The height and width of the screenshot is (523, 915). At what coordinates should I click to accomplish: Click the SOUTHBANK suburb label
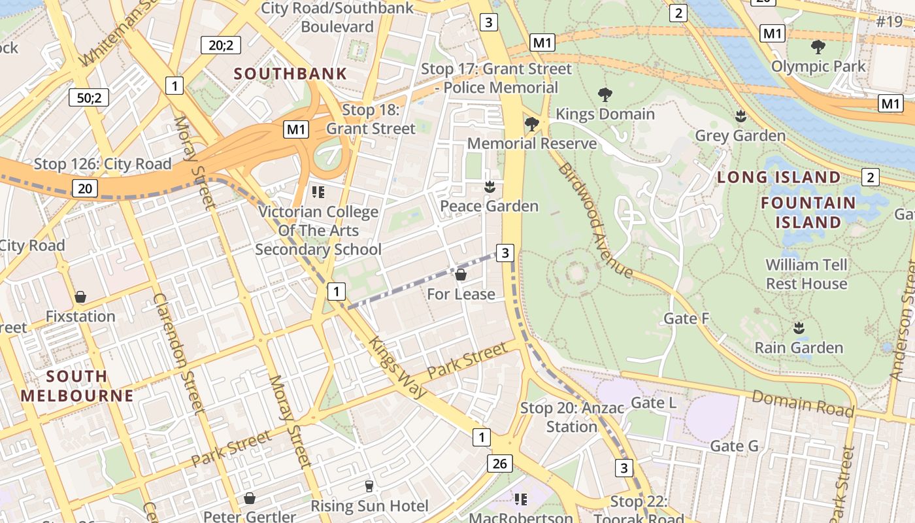tap(290, 73)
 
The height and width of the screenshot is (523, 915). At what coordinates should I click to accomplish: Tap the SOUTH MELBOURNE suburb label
tap(77, 386)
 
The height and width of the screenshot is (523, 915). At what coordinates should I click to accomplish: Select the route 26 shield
tap(499, 464)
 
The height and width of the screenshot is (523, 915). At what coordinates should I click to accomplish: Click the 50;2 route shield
tap(89, 98)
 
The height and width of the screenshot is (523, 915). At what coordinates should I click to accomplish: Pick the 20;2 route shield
tap(220, 44)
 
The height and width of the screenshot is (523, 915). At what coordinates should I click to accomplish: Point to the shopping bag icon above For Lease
tap(461, 275)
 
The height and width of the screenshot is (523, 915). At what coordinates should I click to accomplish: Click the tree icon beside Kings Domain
tap(605, 95)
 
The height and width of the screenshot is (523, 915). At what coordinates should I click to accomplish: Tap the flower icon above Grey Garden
tap(740, 116)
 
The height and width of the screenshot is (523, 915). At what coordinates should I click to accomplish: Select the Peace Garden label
tap(489, 206)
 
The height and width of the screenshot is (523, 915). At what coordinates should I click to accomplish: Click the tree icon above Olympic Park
tap(818, 47)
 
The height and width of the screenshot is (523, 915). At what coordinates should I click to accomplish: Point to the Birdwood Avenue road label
tap(595, 220)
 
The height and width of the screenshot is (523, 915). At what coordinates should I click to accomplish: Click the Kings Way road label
tap(397, 367)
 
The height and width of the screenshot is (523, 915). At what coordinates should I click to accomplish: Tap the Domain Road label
tap(803, 403)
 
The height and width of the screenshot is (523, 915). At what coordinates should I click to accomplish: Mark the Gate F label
tap(686, 318)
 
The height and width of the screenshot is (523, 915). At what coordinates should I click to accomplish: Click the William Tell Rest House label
tap(807, 274)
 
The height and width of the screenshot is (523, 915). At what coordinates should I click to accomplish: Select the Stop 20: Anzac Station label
tap(572, 417)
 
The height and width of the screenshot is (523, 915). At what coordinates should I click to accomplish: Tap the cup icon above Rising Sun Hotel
tap(369, 486)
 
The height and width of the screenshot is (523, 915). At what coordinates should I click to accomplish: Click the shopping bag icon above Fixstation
tap(80, 297)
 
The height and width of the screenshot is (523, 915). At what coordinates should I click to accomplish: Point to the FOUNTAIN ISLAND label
tap(808, 212)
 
